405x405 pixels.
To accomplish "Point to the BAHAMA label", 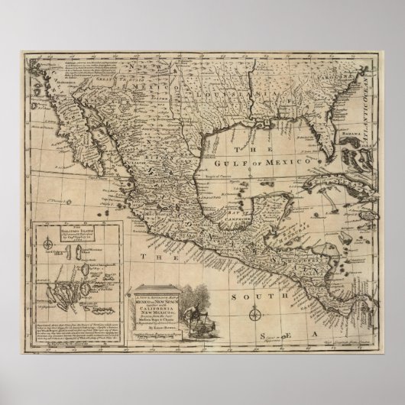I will (350, 133).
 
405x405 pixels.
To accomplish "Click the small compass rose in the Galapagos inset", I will (48, 244).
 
